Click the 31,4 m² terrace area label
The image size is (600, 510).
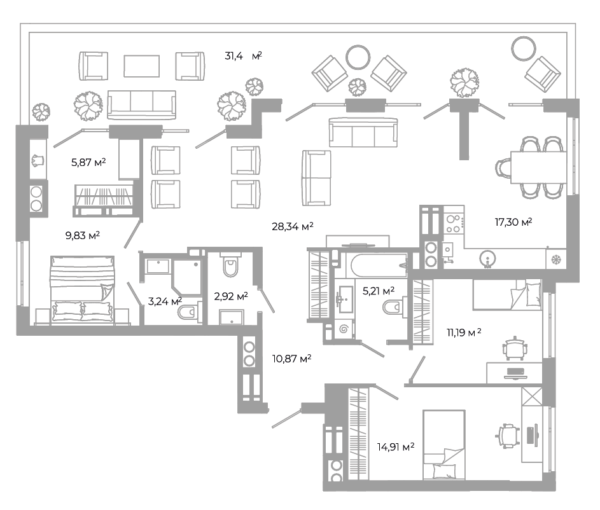(243, 56)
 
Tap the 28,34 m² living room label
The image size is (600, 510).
(293, 227)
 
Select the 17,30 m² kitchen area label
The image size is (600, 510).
(513, 222)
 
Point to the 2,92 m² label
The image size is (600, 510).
(231, 296)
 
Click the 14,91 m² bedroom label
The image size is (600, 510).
(396, 446)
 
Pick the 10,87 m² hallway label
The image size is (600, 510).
(291, 359)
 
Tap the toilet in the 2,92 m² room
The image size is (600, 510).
(231, 265)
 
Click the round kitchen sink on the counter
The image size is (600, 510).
(487, 258)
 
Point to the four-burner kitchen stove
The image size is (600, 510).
(454, 224)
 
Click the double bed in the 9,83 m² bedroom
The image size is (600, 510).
(82, 291)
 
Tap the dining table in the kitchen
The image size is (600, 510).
(538, 167)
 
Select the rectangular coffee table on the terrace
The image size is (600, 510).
(142, 66)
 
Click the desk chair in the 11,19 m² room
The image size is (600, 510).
(515, 348)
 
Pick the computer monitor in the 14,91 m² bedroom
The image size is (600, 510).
(532, 436)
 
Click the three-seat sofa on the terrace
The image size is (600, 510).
(142, 105)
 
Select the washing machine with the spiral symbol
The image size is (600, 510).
(344, 328)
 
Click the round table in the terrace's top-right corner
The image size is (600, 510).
(524, 48)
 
